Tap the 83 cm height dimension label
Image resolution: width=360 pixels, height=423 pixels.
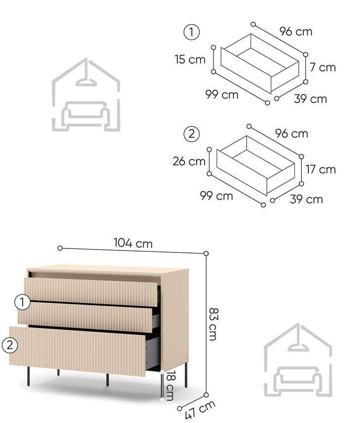214,324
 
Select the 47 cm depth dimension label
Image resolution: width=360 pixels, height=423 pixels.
200,410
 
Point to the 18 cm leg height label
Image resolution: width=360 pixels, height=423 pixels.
171,386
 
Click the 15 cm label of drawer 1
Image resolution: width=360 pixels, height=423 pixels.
190,59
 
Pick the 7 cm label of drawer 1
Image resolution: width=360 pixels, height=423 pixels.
323,67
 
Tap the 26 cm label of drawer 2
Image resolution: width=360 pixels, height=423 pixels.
189,161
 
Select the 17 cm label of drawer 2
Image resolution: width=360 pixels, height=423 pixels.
321,170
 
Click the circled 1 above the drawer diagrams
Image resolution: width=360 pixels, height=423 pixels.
192,33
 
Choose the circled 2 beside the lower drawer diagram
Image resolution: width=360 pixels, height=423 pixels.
192,134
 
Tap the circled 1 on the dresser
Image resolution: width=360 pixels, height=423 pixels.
22,302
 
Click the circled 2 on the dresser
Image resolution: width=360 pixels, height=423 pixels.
10,345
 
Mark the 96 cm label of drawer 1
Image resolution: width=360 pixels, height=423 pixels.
296,32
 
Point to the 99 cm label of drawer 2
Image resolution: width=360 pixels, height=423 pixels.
216,196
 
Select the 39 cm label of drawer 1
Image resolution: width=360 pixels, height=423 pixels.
310,99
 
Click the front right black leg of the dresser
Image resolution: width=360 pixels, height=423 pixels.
108,380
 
